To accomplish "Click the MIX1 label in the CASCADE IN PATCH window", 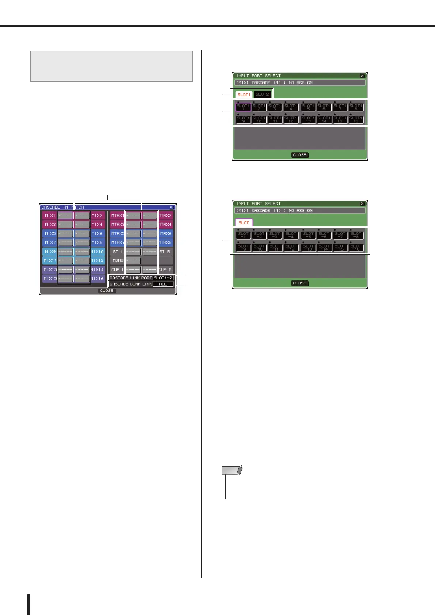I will (50, 215).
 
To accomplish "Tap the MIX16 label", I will (98, 279).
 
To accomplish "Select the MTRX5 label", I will (117, 233).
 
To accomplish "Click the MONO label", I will (117, 261).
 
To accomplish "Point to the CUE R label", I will (165, 270).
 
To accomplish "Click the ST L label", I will (117, 252).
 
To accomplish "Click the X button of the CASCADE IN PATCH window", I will (171, 207).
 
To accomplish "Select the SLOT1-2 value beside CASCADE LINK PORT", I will (163, 278).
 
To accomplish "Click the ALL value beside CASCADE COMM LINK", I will (163, 284).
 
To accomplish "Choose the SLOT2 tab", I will (262, 95).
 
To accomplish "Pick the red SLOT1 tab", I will (244, 95).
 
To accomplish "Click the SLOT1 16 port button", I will (356, 119).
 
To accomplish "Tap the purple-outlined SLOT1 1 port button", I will (243, 107).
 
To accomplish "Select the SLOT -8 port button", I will (356, 235).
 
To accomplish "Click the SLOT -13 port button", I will (309, 248).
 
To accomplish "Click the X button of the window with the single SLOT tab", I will (362, 203).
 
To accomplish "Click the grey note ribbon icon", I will (232, 470).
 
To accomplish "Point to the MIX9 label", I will (50, 252).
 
